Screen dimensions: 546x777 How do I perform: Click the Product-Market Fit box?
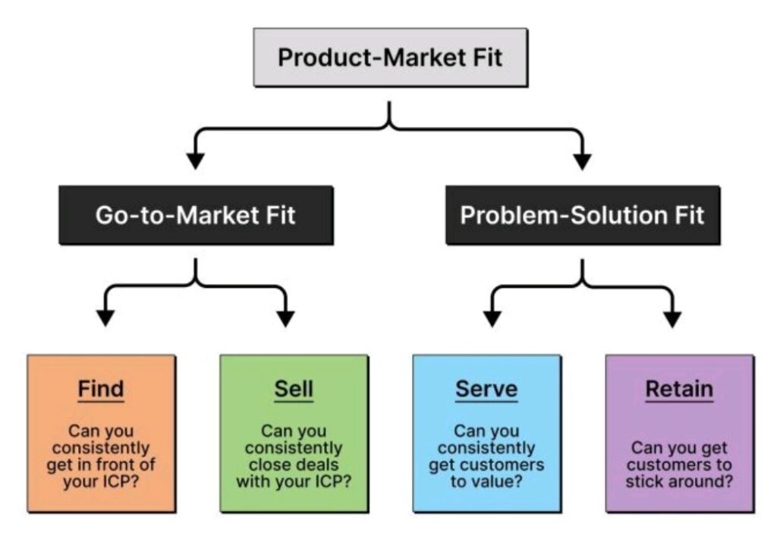point(390,58)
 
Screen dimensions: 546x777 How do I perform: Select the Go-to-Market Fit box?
point(196,215)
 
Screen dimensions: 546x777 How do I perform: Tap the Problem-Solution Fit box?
point(582,215)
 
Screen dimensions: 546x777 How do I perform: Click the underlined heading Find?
point(100,390)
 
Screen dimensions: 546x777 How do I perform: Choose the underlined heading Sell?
point(293,390)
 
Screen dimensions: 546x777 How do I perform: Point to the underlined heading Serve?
point(486,390)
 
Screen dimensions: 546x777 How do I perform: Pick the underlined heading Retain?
point(679,390)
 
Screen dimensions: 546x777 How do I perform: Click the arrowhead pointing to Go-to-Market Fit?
point(196,160)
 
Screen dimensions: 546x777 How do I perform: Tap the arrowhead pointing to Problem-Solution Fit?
point(582,160)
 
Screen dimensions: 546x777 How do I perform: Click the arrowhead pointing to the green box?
point(285,317)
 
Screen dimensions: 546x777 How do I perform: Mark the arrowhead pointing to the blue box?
point(492,317)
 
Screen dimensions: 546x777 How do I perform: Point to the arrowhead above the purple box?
point(672,317)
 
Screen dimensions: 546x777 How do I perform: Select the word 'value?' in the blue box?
point(504,481)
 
